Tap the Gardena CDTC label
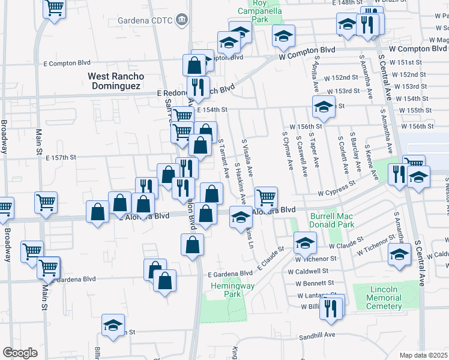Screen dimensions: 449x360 [x=143, y=22]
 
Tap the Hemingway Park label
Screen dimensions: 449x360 [x=223, y=290]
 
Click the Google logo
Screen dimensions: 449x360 [x=20, y=353]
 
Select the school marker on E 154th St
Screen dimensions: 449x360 [x=324, y=107]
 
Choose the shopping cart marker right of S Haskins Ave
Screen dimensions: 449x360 [x=266, y=196]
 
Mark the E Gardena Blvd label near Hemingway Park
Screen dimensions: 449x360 [x=231, y=274]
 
